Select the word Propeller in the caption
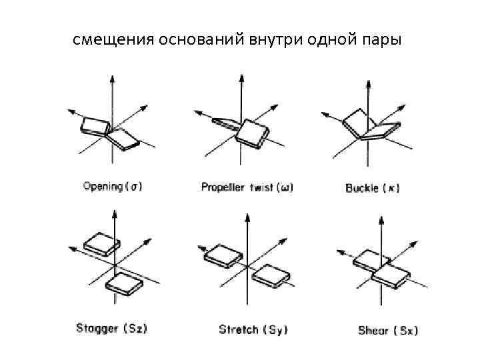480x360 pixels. pos(223,188)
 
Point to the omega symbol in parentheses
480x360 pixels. pos(285,188)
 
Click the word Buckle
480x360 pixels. pos(362,188)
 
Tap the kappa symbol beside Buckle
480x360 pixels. pos(392,188)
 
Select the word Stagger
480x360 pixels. pos(97,329)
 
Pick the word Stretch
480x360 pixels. pos(239,329)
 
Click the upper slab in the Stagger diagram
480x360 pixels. pos(100,243)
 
